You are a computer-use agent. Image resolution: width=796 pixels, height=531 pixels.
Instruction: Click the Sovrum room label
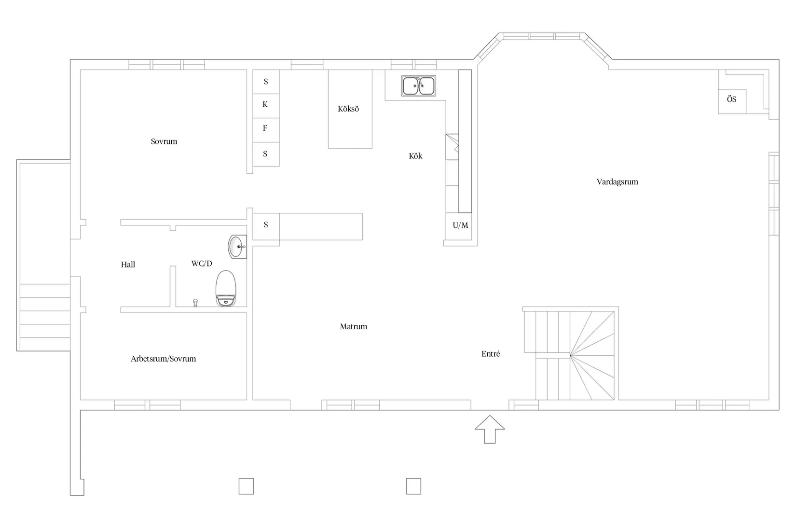[164, 141]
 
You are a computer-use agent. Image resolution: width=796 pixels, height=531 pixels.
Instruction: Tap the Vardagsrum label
[617, 182]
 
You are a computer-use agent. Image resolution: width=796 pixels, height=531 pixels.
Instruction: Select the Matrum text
[353, 326]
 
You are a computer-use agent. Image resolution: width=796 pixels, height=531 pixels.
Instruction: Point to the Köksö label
[348, 109]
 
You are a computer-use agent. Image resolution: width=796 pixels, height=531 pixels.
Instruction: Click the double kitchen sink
[419, 86]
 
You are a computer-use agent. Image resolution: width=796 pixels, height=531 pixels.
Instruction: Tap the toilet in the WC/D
[226, 289]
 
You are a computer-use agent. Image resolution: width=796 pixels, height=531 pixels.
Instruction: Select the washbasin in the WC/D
[237, 247]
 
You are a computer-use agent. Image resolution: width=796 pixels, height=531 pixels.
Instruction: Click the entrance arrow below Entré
[490, 429]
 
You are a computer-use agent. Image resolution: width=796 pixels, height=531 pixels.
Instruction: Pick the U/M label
[460, 225]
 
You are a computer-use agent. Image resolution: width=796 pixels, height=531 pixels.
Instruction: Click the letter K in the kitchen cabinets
[265, 105]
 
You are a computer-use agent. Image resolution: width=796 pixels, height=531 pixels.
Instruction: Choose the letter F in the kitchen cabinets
[265, 128]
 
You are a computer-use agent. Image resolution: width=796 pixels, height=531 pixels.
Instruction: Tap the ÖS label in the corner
[731, 99]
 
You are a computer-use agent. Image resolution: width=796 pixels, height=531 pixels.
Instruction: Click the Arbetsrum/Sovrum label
[164, 359]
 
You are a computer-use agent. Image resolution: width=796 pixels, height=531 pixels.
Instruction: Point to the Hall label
[128, 265]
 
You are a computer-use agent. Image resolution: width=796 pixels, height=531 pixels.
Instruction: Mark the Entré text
[491, 354]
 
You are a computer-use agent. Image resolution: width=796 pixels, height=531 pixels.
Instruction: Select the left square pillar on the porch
[246, 486]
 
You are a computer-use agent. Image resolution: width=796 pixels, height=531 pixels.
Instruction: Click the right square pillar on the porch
[413, 486]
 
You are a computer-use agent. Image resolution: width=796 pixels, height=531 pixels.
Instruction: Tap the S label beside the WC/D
[266, 225]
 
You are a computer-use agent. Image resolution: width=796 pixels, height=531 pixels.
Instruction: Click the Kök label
[415, 156]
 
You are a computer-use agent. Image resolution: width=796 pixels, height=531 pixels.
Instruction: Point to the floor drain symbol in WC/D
[195, 303]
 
